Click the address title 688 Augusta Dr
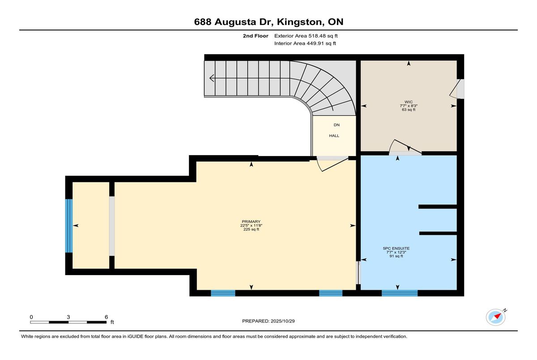click(268, 21)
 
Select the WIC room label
click(408, 102)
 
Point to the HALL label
click(334, 136)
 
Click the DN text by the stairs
click(337, 125)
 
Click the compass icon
click(496, 317)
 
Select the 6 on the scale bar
click(106, 317)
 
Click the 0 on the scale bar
click(31, 317)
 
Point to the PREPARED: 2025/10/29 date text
click(268, 321)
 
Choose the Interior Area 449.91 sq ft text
click(305, 43)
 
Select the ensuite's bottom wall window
click(399, 293)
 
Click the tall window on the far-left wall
click(69, 225)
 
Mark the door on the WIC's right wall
click(459, 89)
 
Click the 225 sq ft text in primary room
click(249, 229)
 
